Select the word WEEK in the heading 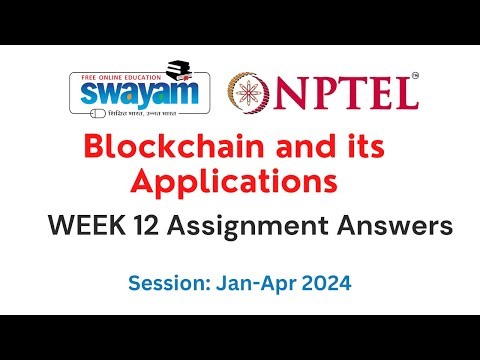[85, 227]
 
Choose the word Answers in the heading [384, 227]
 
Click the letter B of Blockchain [94, 148]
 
